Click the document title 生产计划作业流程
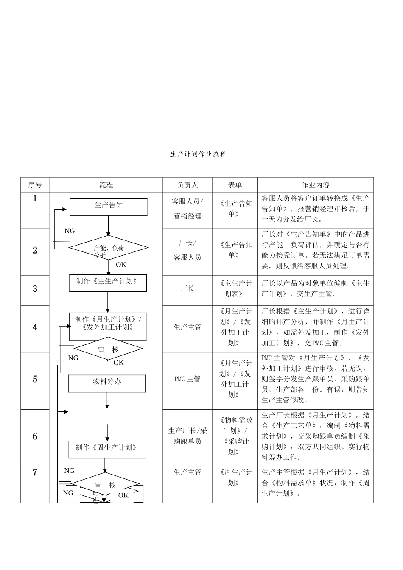coord(198,154)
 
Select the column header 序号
coord(35,185)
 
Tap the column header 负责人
coord(188,185)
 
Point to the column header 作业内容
coord(315,185)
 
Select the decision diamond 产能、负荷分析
coord(109,248)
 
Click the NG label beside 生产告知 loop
coord(70,231)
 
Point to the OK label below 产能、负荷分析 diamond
coord(121,265)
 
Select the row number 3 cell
coord(35,289)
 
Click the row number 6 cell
coord(35,437)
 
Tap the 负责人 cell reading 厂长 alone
coord(188,289)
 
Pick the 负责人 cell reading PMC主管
coord(188,379)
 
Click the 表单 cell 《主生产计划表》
coord(235,289)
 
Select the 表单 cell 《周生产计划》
coord(235,477)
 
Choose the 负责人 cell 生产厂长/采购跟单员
coord(188,436)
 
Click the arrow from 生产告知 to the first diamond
coord(109,226)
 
